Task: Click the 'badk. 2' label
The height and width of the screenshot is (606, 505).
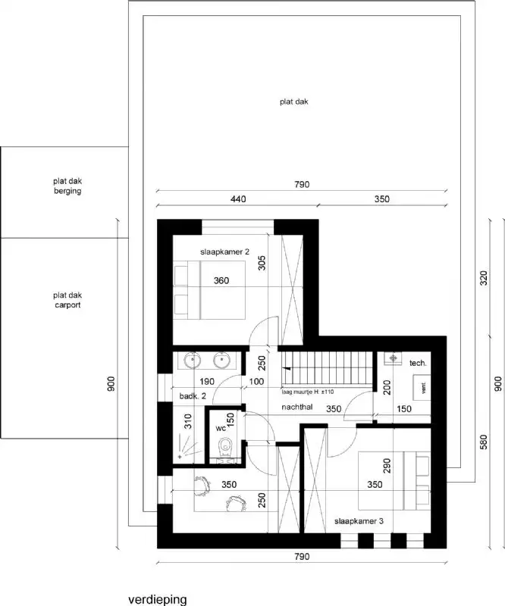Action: pyautogui.click(x=189, y=396)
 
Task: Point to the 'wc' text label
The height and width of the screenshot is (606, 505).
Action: pyautogui.click(x=221, y=427)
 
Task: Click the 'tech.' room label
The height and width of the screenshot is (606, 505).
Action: pyautogui.click(x=418, y=364)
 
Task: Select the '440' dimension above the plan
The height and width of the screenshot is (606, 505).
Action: pyautogui.click(x=238, y=199)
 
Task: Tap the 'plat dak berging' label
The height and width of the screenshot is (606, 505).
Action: pyautogui.click(x=67, y=186)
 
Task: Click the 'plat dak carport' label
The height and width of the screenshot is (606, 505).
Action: pyautogui.click(x=67, y=300)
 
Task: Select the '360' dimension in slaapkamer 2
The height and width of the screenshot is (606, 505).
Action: pyautogui.click(x=221, y=281)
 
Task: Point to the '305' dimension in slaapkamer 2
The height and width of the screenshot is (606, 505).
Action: pyautogui.click(x=261, y=263)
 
